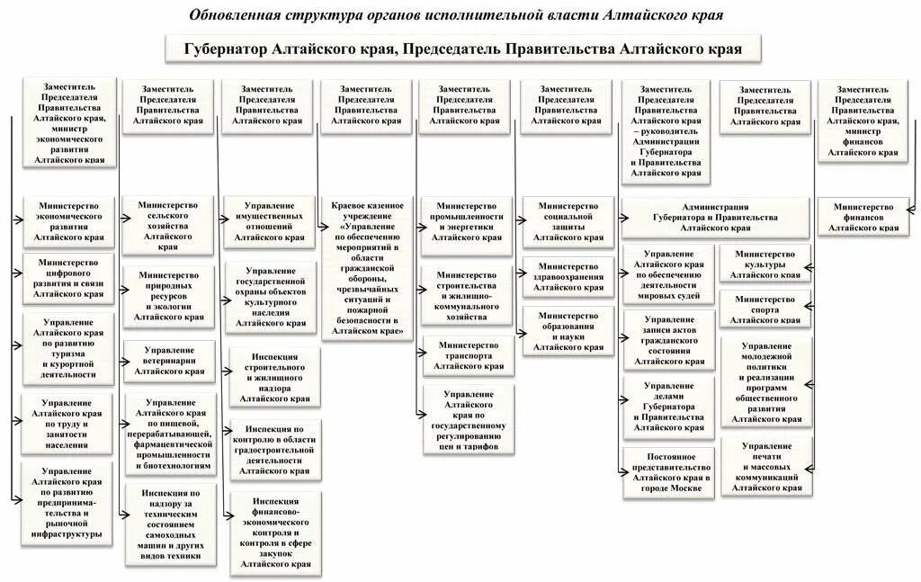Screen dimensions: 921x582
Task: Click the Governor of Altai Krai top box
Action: [463, 49]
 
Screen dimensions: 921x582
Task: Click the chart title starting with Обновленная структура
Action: [457, 15]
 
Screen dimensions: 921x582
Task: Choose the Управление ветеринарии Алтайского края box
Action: [168, 360]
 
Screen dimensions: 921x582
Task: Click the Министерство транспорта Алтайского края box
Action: [469, 355]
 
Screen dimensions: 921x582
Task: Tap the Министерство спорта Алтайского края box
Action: [765, 309]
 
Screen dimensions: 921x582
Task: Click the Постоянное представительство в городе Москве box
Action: [668, 471]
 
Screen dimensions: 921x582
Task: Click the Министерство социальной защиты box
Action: [568, 221]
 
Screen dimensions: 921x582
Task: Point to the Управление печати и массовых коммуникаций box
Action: [765, 466]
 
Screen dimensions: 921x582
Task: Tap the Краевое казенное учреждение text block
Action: [368, 268]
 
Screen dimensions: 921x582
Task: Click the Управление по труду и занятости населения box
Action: [68, 423]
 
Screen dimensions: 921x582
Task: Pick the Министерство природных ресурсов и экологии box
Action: [168, 295]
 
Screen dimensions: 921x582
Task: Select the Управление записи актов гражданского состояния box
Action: [668, 340]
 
